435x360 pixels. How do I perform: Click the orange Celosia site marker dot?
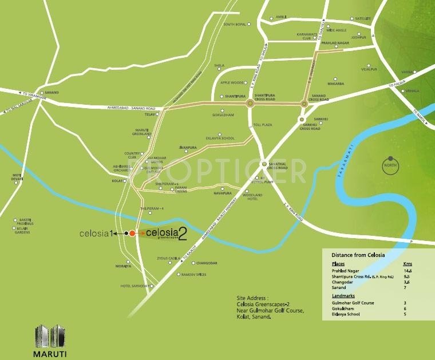[132, 233]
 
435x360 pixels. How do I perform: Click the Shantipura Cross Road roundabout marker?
[250, 103]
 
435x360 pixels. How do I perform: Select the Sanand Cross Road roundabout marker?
[304, 103]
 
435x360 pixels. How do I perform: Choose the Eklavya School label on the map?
[220, 138]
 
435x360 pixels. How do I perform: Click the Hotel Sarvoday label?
[135, 286]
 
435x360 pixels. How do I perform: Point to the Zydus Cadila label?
[169, 259]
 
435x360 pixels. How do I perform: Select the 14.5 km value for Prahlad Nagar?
[408, 270]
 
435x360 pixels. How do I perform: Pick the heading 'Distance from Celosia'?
[358, 254]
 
